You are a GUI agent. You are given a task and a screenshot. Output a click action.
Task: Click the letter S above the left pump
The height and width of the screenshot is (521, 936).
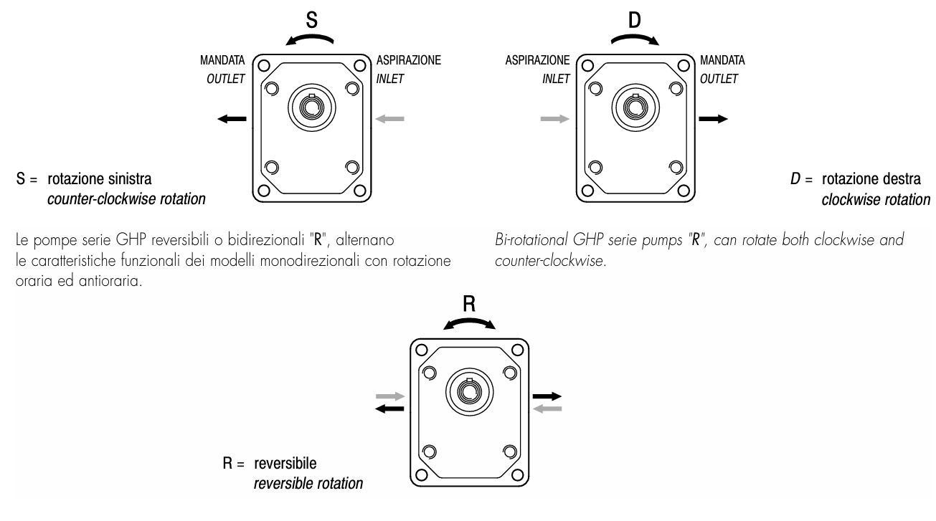(x=311, y=20)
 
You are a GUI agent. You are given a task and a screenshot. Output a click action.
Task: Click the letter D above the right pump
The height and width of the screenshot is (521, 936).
(x=634, y=20)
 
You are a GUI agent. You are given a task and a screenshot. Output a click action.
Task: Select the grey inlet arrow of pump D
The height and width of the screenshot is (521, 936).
(x=554, y=119)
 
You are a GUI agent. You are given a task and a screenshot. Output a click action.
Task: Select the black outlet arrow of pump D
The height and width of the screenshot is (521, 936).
(x=713, y=119)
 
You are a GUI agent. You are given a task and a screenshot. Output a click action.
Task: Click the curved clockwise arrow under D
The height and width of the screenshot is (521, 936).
(x=634, y=40)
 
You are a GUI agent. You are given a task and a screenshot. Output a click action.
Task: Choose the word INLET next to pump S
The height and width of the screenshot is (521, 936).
(x=390, y=79)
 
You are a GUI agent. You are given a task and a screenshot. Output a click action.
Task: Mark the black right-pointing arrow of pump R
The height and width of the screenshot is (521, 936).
(x=548, y=396)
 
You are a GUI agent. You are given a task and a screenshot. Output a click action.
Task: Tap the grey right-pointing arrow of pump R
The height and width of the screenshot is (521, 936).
(x=391, y=396)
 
